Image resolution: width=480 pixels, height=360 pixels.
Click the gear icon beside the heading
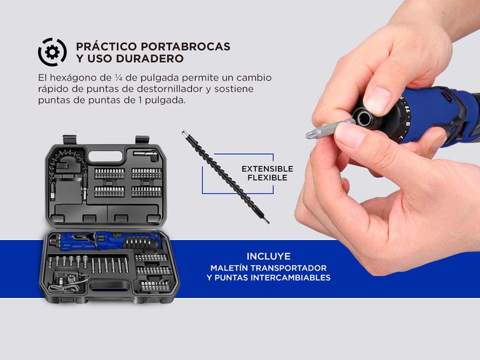(x=53, y=52)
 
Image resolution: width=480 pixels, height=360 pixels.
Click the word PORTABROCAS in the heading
(x=185, y=47)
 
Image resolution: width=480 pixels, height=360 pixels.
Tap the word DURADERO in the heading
(x=150, y=59)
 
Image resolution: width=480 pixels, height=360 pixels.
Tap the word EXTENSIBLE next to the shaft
(x=267, y=169)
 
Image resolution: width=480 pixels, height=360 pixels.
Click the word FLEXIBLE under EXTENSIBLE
(x=267, y=178)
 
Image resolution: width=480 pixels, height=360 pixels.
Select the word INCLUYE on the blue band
(x=269, y=256)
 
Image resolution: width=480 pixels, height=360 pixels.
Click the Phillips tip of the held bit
(x=311, y=134)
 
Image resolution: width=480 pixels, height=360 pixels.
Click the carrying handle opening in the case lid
(x=105, y=157)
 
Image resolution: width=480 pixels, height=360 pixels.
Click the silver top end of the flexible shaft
(x=184, y=134)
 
